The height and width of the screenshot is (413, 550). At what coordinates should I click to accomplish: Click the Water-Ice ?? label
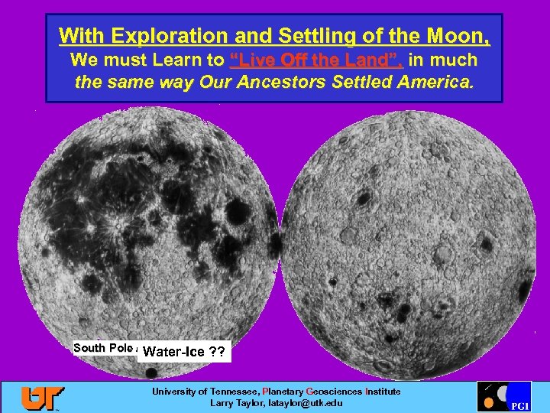point(184,353)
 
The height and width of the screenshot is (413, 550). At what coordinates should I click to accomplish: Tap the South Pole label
point(102,348)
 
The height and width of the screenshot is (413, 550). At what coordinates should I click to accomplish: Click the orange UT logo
point(43,397)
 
